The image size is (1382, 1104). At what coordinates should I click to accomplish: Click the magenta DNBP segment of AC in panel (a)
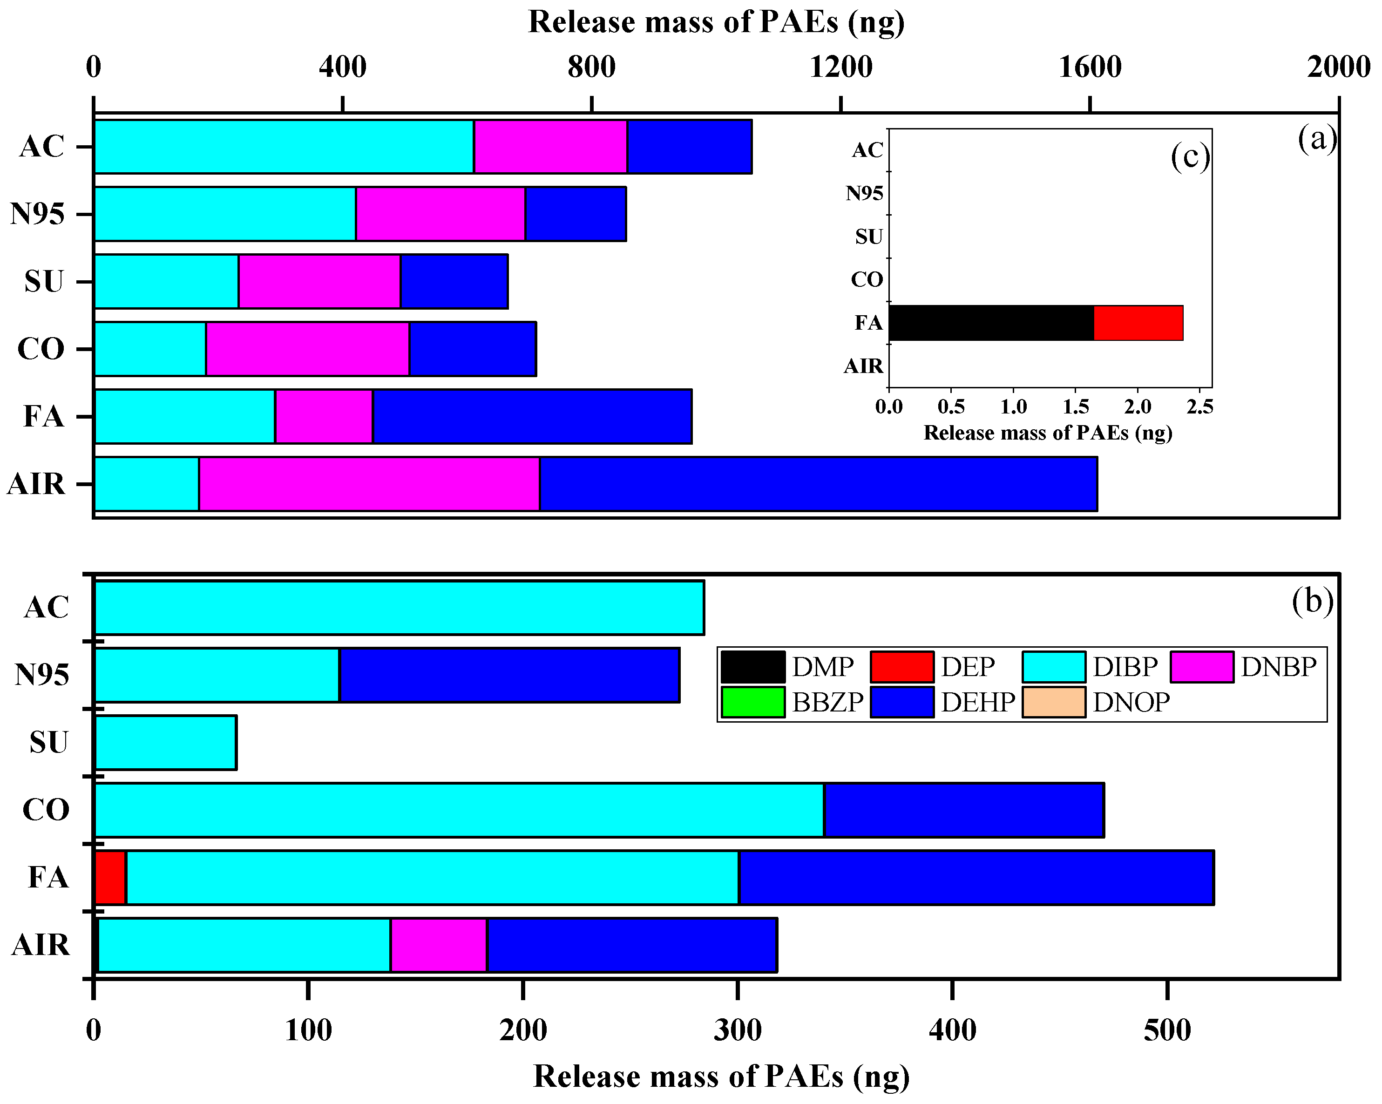[x=550, y=146]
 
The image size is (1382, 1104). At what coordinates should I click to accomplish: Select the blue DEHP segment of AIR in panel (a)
[x=818, y=484]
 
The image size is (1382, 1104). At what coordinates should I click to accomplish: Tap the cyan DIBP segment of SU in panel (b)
[x=165, y=742]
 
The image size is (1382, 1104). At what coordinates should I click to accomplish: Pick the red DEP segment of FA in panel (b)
[x=110, y=878]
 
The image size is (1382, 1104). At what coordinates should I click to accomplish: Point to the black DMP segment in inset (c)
[x=991, y=323]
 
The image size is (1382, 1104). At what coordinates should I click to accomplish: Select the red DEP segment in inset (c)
[x=1138, y=323]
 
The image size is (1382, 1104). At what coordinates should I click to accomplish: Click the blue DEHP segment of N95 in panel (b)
[x=509, y=675]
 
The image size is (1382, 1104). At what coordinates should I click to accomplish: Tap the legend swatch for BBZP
[x=752, y=702]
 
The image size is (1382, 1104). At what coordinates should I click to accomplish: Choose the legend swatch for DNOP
[x=1053, y=702]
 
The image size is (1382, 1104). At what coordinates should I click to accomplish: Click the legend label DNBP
[x=1278, y=667]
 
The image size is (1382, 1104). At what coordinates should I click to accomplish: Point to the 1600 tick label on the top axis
[x=1090, y=67]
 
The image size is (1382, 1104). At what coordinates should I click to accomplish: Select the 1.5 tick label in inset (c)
[x=1076, y=406]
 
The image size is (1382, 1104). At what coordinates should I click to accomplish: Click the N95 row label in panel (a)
[x=38, y=214]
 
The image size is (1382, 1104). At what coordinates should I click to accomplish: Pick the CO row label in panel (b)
[x=46, y=810]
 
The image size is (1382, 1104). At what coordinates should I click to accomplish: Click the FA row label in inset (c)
[x=868, y=323]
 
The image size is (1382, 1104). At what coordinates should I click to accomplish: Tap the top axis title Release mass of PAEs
[x=716, y=22]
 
